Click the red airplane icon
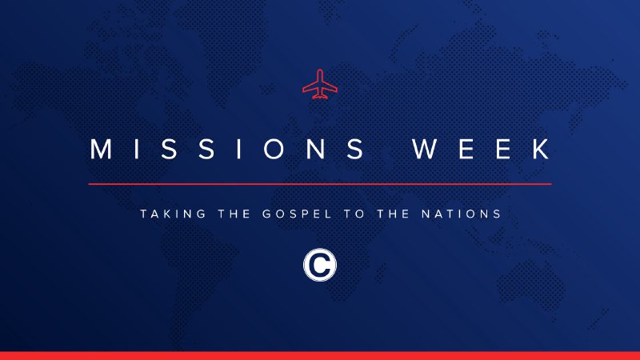point(319,86)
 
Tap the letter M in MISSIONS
point(101,150)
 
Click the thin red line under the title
point(320,184)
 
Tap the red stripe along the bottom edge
point(320,355)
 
